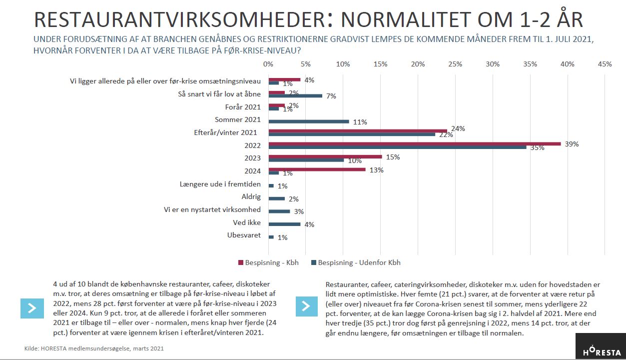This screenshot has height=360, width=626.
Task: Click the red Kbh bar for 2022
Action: point(415,144)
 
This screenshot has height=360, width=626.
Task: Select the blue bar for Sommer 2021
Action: point(309,121)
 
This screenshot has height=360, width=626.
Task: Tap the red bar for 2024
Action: point(317,169)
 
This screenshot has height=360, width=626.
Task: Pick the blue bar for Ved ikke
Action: point(284,224)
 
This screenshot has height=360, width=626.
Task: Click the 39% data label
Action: point(572,144)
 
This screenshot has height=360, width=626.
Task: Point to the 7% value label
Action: point(331,96)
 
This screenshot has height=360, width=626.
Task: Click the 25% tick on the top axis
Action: point(455,64)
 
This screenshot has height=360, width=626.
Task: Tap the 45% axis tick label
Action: point(605,64)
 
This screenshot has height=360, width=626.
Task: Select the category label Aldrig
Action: point(251,196)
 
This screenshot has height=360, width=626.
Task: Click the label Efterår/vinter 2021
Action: point(225,132)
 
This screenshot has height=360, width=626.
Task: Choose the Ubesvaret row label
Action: point(244,235)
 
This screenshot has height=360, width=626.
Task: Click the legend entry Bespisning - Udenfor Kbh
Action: point(356,262)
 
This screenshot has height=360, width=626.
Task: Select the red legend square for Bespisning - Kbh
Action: point(241,262)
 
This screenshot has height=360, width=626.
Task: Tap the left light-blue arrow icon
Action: point(32,308)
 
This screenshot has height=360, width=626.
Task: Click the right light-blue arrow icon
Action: point(307,306)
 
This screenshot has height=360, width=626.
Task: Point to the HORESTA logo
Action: point(601,346)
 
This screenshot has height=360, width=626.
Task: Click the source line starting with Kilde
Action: point(94,348)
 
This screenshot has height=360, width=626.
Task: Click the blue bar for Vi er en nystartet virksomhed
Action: point(279,211)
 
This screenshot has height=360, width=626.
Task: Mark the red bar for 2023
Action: point(325,156)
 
